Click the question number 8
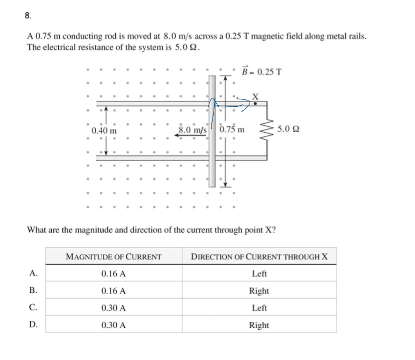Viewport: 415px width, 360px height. click(27, 15)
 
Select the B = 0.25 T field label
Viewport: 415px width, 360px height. click(261, 71)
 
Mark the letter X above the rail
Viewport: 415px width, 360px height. click(256, 96)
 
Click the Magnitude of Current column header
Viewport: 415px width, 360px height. click(113, 257)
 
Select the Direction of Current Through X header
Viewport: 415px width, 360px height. click(259, 257)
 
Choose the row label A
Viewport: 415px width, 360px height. click(33, 274)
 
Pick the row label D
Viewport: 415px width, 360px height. click(33, 325)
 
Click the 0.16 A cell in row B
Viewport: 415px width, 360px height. click(113, 291)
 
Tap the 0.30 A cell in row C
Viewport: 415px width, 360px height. click(113, 308)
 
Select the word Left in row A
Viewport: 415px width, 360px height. click(259, 274)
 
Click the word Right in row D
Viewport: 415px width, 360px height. click(259, 325)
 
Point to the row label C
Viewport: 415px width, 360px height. click(33, 308)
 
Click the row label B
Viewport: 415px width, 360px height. click(33, 291)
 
